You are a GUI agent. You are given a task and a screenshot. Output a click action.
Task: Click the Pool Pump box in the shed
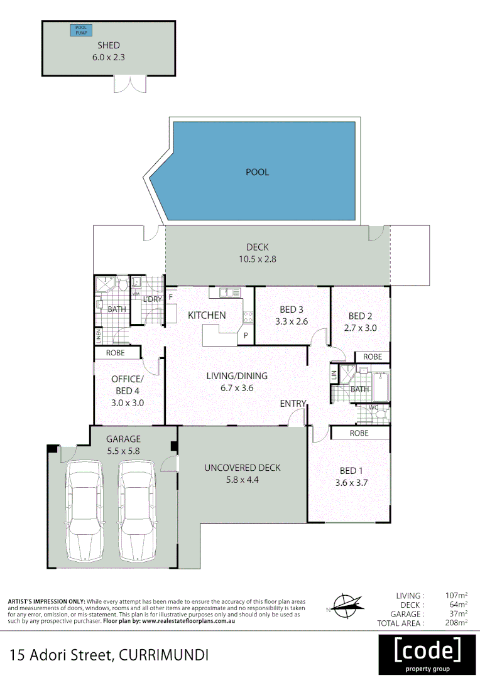pos(81,30)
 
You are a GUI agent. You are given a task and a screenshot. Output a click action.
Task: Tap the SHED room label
pos(108,45)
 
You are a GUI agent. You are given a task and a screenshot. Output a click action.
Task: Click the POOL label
pos(257,172)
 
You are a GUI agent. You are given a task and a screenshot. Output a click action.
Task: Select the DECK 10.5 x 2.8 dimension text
pos(257,257)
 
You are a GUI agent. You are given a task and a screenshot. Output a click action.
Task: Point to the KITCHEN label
pos(207,315)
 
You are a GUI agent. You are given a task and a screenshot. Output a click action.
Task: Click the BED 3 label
pos(292,309)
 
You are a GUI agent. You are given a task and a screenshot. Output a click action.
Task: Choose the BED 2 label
pos(361,316)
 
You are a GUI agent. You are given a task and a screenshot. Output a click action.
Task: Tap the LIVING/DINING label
pos(237,376)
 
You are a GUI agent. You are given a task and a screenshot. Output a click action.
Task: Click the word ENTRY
pos(293,404)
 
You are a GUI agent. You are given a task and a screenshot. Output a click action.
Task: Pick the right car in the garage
pos(136,511)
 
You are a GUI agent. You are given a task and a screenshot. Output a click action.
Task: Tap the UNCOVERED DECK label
pos(242,468)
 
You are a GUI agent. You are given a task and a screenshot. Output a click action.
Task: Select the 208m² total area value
pos(454,623)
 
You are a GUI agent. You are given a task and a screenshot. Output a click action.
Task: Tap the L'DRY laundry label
pos(153,299)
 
